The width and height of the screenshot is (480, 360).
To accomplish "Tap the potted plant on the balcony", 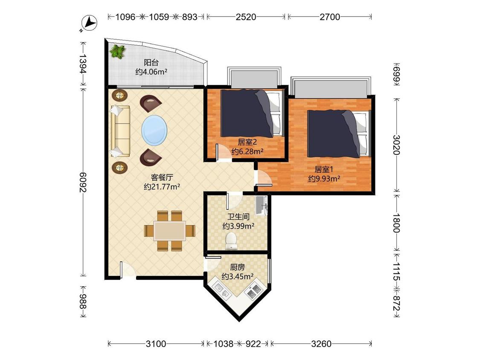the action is pos(118,51).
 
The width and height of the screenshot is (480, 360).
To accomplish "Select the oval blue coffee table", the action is pos(154,130).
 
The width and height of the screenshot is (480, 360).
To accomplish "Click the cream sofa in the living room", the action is pos(120,131).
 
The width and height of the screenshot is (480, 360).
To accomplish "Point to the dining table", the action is pos(169,231).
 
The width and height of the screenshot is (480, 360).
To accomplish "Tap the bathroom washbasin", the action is pos(262,206).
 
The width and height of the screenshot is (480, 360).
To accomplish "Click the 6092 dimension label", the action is pos(83,183).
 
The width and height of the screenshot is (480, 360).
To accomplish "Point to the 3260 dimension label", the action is pos(321,344).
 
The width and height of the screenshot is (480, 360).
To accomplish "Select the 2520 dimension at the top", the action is pos(246,17).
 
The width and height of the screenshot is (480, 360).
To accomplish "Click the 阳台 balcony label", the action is pos(151,63).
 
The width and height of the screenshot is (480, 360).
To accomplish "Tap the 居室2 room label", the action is pos(247,142).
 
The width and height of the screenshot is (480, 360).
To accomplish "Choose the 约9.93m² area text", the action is pos(324,178).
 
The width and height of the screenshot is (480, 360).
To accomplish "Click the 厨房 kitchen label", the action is pos(238,267).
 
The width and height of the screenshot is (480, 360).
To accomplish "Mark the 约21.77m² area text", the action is pos(162,186).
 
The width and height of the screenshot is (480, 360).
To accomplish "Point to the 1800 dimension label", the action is pos(396,223).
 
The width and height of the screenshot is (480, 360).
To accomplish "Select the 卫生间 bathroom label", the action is pos(238,217).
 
